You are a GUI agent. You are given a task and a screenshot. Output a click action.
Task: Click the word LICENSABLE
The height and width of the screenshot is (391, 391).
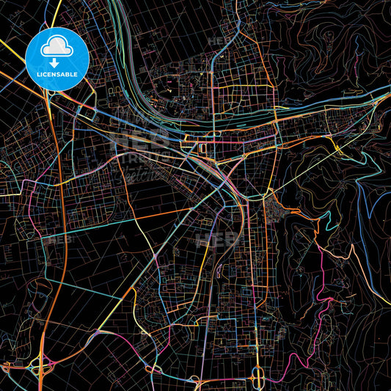point(56,75)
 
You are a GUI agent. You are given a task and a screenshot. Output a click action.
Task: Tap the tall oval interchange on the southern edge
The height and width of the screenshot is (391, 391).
point(258,377)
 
